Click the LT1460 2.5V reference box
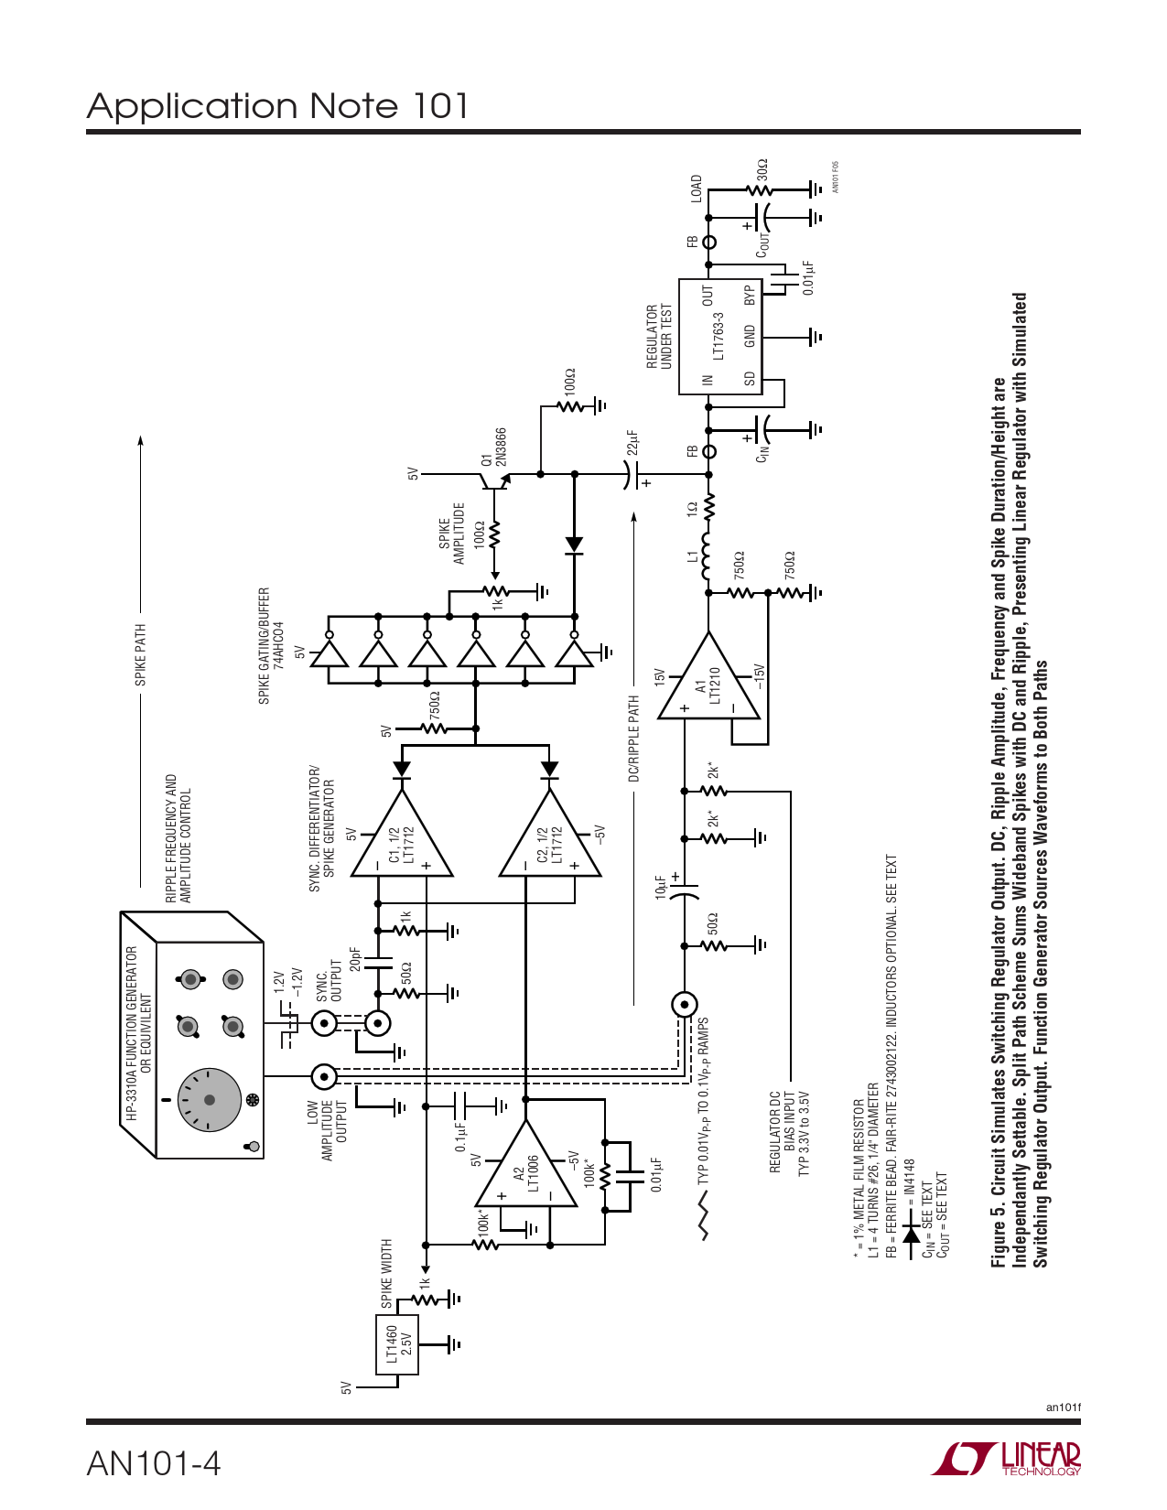tap(397, 1344)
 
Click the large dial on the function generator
tap(210, 1099)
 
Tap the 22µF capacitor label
tap(632, 443)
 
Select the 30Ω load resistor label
tap(762, 170)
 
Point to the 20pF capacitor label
tap(355, 960)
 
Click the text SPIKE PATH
tap(140, 654)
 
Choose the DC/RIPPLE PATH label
tap(634, 739)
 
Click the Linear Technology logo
tap(1006, 1458)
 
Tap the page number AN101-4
tap(154, 1463)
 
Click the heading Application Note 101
tap(278, 105)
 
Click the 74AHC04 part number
tap(279, 645)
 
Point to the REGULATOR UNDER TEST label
tap(659, 336)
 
